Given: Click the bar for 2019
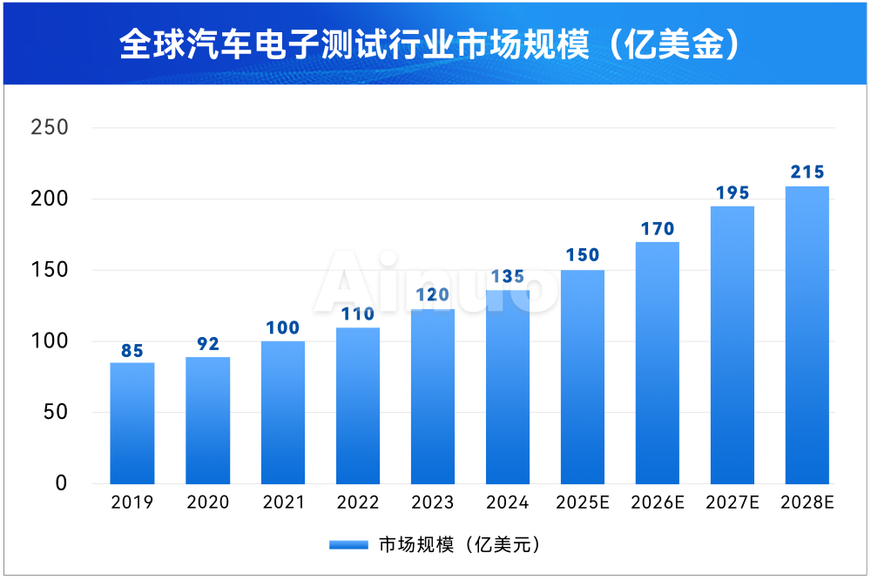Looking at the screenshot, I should pos(132,423).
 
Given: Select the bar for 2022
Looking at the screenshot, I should pos(357,406).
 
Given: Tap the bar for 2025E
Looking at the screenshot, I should pos(582,377).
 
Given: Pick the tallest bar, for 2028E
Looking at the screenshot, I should pos(807,335).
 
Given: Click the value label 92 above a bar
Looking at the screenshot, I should pos(207,344).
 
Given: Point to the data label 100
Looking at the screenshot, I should pos(282,328).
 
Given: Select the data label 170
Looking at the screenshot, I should pos(657,229).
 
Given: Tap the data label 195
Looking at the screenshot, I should pos(732,193).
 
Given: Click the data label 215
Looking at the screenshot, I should pos(807,172).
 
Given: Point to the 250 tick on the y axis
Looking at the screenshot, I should pos(49,128).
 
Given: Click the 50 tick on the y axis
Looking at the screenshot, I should pos(55,412).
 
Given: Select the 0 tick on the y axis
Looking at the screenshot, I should pos(61,483).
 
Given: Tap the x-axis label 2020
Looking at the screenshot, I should pos(207,503).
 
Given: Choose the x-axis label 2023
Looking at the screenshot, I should pos(432,503).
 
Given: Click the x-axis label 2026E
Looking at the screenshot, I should pos(657,503).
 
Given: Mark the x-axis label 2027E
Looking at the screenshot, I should pos(732,503).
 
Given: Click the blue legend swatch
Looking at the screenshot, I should pos(350,545).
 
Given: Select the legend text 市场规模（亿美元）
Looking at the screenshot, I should pos(460,545).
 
